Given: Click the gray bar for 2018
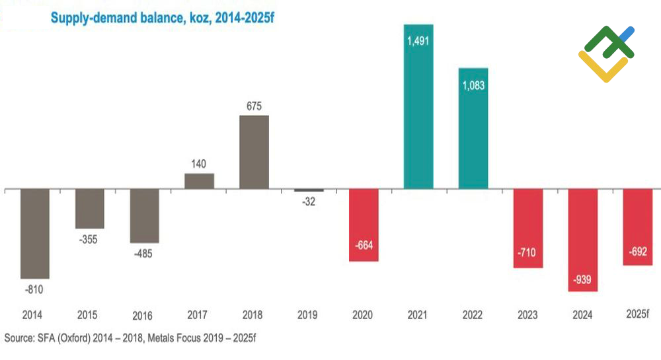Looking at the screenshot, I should tap(254, 152).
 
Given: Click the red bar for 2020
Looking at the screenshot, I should tap(363, 225).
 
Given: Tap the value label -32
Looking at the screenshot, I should tap(308, 201).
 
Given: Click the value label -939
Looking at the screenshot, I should tap(582, 279).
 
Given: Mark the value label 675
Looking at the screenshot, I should tap(254, 104).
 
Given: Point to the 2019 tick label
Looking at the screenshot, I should tap(308, 314).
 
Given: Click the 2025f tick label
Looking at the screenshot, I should tap(637, 314).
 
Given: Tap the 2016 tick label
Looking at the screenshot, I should tap(143, 315).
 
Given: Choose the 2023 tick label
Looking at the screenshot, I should tap(527, 314).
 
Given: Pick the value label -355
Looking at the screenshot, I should tap(89, 240).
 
